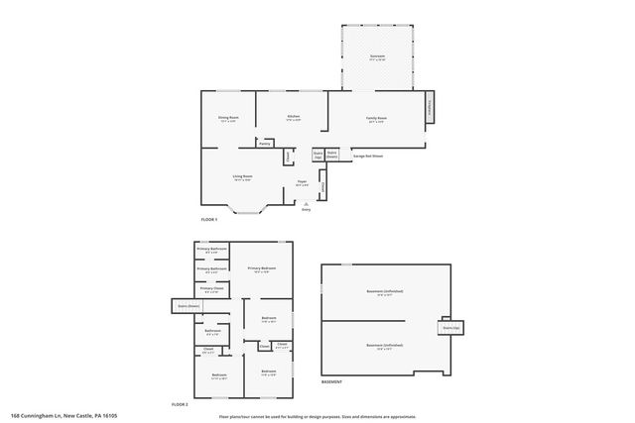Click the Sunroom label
[377, 56]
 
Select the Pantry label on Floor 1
[265, 144]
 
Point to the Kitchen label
[294, 117]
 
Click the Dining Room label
[229, 118]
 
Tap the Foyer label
[301, 182]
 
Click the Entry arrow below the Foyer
[306, 205]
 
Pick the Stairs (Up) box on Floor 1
[317, 155]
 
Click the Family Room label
[376, 118]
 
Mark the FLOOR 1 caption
[209, 218]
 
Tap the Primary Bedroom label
[262, 269]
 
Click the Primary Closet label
[211, 290]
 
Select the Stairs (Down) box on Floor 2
[185, 307]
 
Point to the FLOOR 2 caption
[180, 405]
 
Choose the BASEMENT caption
[332, 381]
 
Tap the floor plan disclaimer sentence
[317, 416]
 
